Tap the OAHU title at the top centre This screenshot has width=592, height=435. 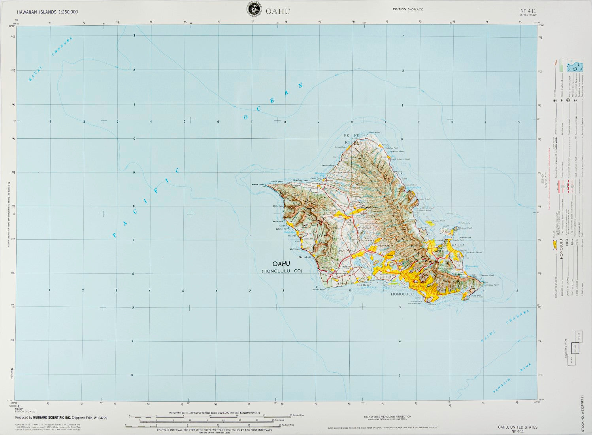pos(278,11)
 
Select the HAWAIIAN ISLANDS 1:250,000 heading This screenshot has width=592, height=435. pos(47,12)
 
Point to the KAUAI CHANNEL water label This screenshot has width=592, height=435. pos(51,59)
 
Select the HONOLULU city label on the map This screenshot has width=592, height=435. pos(402,294)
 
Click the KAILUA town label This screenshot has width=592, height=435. pos(458,245)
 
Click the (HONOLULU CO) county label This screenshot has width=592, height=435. pos(282,271)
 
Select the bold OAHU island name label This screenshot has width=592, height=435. pos(281,264)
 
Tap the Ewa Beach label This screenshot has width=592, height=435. pos(364,285)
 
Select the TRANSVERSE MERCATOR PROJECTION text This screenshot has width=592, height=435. pos(387,416)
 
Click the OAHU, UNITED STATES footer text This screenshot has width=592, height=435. pos(517,427)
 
